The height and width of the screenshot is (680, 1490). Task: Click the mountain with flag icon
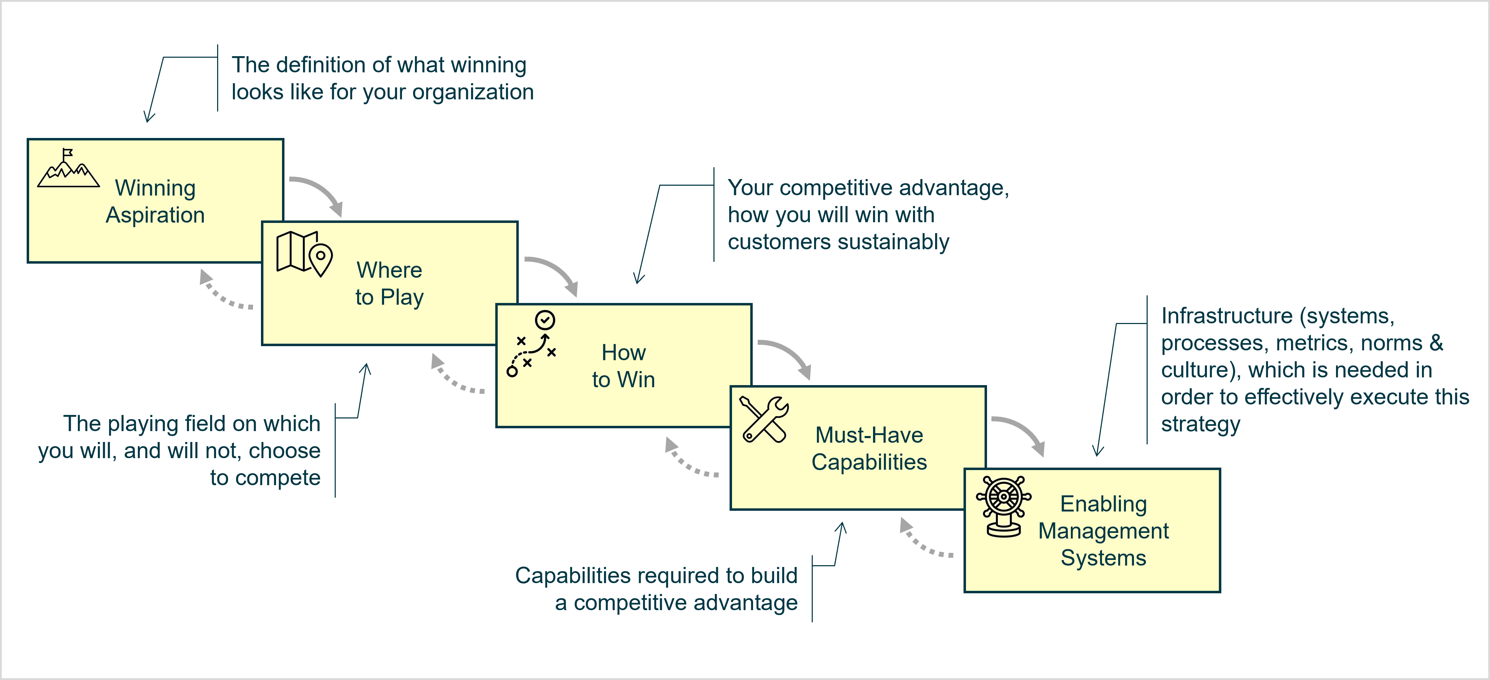[68, 169]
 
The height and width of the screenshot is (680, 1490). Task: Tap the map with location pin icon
[304, 253]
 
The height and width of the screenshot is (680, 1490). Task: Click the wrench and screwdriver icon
[764, 420]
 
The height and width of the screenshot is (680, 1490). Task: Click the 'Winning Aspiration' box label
[155, 202]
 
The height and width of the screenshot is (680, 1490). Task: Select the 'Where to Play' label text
[389, 284]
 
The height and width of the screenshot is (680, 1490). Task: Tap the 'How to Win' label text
[624, 366]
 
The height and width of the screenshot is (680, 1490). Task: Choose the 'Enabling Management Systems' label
[1103, 531]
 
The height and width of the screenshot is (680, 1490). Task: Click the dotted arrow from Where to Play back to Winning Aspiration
[223, 292]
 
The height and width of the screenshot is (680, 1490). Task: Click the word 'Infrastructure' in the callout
[1226, 316]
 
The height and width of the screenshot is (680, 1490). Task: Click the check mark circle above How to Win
[545, 319]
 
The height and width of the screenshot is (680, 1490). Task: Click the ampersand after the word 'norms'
[1436, 343]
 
